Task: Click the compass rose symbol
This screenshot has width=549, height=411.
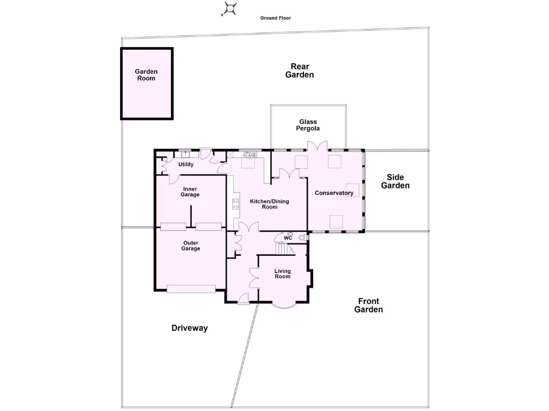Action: tap(230, 9)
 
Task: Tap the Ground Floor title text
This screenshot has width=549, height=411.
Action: tap(276, 18)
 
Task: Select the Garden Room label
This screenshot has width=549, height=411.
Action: tap(146, 75)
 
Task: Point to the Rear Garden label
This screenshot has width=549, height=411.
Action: tap(300, 71)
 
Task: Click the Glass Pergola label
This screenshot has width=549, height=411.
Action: tap(308, 125)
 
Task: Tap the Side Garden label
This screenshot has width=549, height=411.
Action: tap(395, 181)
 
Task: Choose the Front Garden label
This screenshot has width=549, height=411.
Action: tap(369, 306)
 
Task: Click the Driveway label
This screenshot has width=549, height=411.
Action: tap(189, 328)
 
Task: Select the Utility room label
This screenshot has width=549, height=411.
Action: tap(186, 164)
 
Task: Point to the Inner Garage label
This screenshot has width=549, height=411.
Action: tap(190, 192)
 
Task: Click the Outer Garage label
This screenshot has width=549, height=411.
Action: tap(191, 246)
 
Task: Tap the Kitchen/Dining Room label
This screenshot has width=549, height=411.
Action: tap(270, 204)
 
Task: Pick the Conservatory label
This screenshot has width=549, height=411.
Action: tap(334, 193)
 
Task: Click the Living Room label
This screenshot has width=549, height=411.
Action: tap(283, 273)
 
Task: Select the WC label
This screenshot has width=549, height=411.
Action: tap(288, 238)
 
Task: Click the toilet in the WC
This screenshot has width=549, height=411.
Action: tap(302, 237)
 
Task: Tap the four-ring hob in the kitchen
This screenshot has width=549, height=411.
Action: tap(235, 203)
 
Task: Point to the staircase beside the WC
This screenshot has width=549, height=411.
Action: tap(283, 249)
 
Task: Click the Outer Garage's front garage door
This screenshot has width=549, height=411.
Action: tap(191, 289)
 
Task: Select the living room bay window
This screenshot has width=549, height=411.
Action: tap(283, 306)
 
